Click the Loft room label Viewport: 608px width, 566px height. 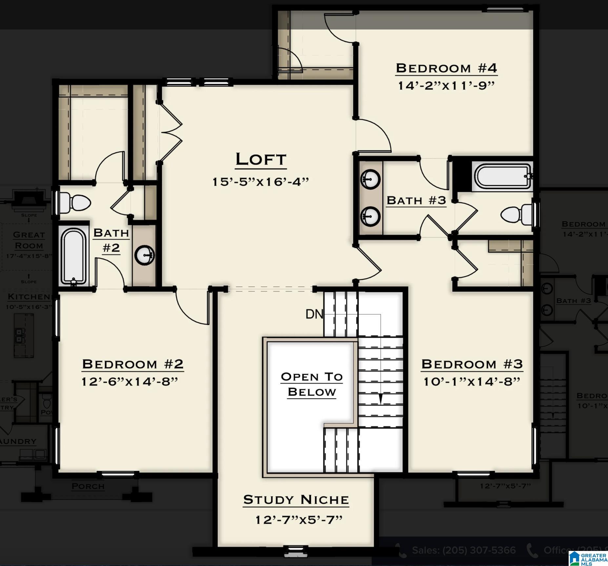[x=261, y=160]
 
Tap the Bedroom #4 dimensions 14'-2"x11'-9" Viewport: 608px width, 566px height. [x=446, y=86]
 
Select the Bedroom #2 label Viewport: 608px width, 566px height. [x=133, y=364]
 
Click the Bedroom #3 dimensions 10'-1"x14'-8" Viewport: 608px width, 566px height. [x=472, y=382]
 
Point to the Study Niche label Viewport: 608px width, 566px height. [x=296, y=500]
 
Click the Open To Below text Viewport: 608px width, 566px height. [x=312, y=384]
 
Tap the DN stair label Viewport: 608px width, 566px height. [x=314, y=314]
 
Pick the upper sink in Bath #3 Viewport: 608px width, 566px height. [x=371, y=179]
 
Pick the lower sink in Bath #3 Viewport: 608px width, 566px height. [x=371, y=217]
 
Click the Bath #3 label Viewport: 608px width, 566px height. [x=416, y=200]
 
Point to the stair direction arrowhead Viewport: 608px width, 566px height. [x=381, y=399]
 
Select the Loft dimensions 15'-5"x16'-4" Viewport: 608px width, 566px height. [x=261, y=182]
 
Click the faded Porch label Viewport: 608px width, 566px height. [x=88, y=486]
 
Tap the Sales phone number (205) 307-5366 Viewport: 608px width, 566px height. [x=464, y=550]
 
